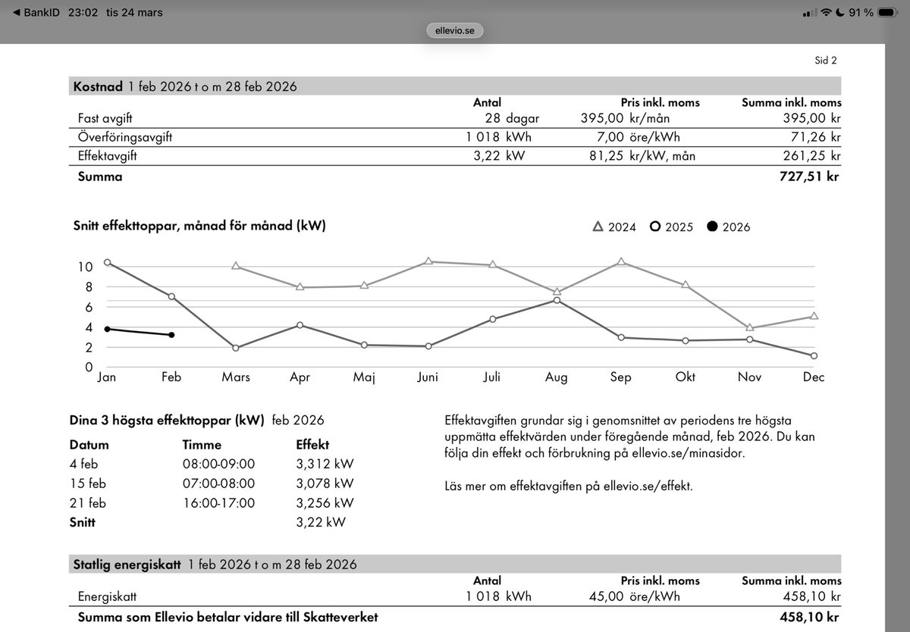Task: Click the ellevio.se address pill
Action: click(x=455, y=31)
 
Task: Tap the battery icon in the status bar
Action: click(x=888, y=13)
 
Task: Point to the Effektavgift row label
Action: click(x=108, y=156)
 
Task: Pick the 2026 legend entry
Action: click(x=728, y=227)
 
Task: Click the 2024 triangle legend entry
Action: click(x=614, y=227)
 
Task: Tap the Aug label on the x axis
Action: click(x=556, y=377)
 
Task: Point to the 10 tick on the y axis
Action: click(x=85, y=267)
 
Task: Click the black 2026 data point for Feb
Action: click(x=171, y=335)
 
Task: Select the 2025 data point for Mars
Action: click(x=236, y=348)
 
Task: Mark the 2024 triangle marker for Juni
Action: click(x=428, y=261)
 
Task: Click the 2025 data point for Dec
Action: click(x=814, y=355)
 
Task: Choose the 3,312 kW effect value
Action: click(x=325, y=464)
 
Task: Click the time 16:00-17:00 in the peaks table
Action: click(x=218, y=502)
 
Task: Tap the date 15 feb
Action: click(x=89, y=483)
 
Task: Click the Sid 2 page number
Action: click(x=826, y=61)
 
